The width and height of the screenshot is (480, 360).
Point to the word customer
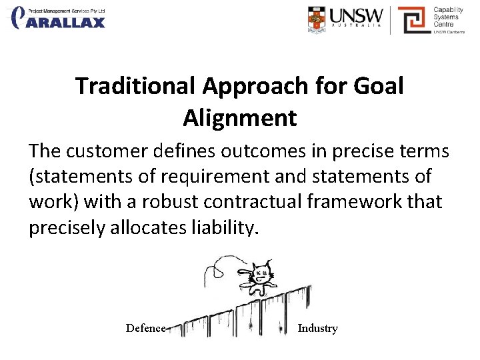point(110,151)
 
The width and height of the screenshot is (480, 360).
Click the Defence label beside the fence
point(145,328)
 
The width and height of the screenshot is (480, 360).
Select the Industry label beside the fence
point(317,328)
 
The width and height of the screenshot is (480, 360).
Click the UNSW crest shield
point(318,20)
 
